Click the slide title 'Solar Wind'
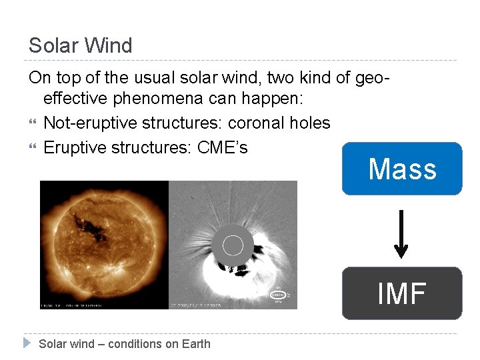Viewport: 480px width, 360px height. [x=81, y=45]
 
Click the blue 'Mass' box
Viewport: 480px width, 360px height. [x=402, y=169]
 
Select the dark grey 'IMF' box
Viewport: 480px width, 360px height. [x=402, y=293]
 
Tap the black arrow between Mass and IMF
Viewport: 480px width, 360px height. [x=401, y=233]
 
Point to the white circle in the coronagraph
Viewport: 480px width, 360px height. [x=233, y=246]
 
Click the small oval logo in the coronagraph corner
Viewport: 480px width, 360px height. [x=277, y=294]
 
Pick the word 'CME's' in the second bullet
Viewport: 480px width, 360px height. [x=223, y=147]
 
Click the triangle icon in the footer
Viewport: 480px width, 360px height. [x=27, y=343]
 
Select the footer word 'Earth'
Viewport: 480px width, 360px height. [x=196, y=344]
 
